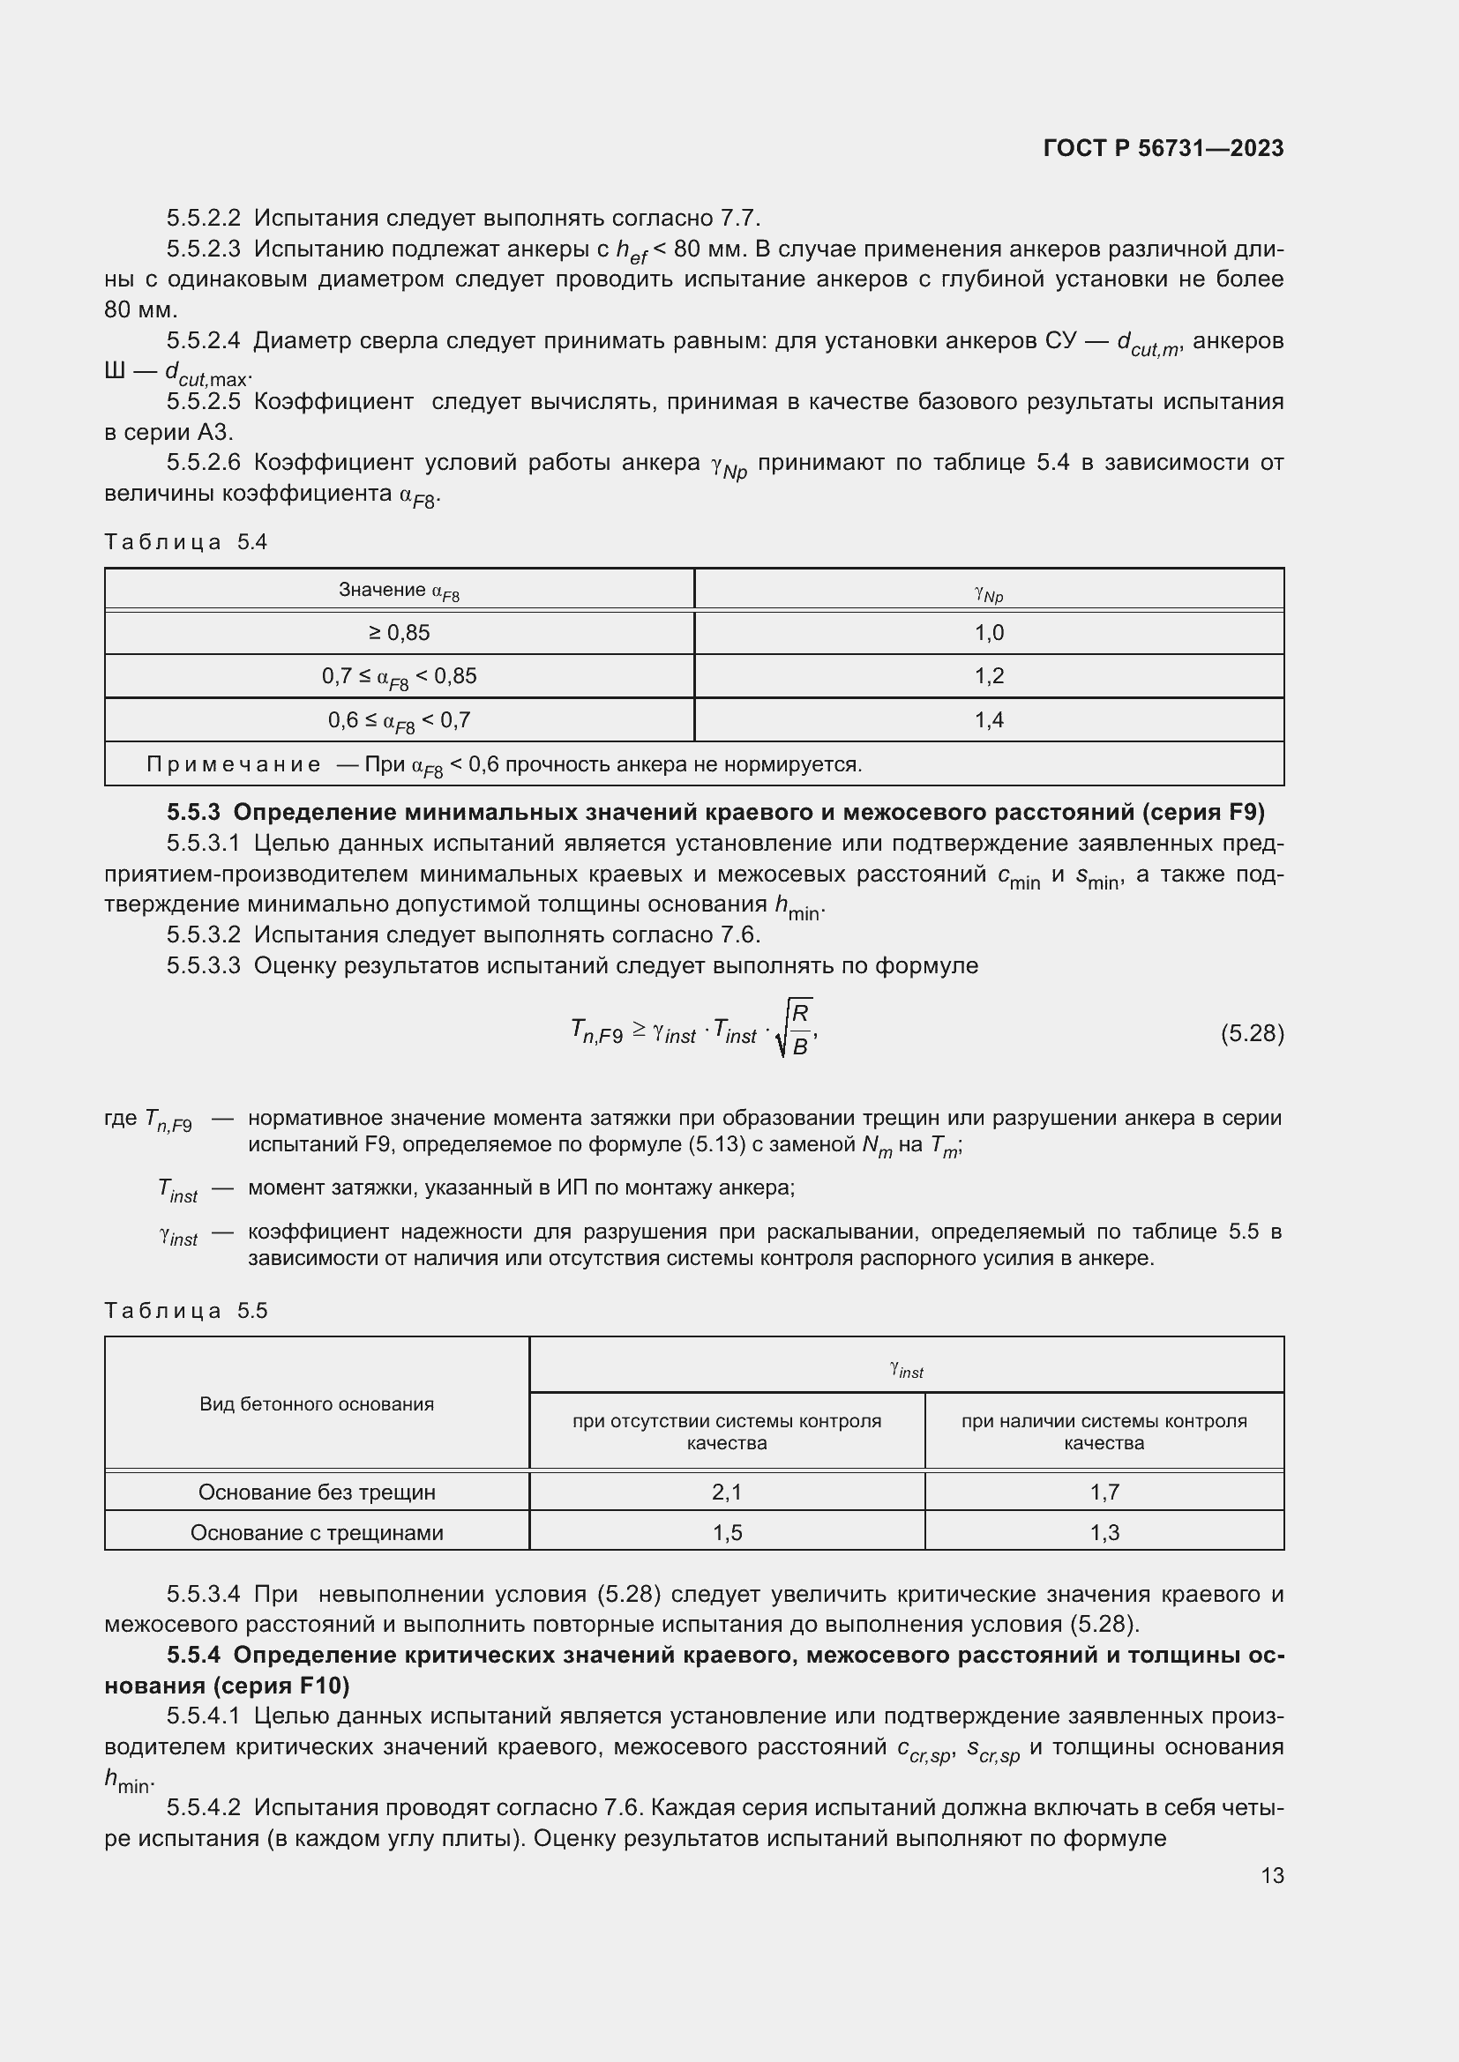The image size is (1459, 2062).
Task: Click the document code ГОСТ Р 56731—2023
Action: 1163,148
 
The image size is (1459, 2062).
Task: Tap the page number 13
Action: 1272,1875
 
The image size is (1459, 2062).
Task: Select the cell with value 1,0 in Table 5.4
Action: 988,633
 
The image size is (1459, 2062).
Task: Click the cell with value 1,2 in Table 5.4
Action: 988,676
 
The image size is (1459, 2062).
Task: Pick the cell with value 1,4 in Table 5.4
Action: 988,720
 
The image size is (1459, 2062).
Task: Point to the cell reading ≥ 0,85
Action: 399,633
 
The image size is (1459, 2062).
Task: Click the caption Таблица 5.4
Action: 186,541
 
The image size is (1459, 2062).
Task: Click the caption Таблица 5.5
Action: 186,1310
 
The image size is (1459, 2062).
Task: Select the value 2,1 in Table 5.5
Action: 726,1492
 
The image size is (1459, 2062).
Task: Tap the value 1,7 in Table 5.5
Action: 1104,1492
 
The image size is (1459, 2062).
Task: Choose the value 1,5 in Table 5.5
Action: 726,1532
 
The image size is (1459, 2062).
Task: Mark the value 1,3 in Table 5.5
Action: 1104,1532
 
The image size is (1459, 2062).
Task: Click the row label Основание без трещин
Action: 317,1492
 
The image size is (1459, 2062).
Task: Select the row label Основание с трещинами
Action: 317,1532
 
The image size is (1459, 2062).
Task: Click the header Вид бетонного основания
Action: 317,1403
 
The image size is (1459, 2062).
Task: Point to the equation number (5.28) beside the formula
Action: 1252,1034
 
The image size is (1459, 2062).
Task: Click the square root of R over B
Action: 794,1029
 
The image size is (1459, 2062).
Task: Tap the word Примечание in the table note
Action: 233,764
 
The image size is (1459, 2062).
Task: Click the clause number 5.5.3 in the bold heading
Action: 193,812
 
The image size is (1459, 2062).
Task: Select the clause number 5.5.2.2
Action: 203,219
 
